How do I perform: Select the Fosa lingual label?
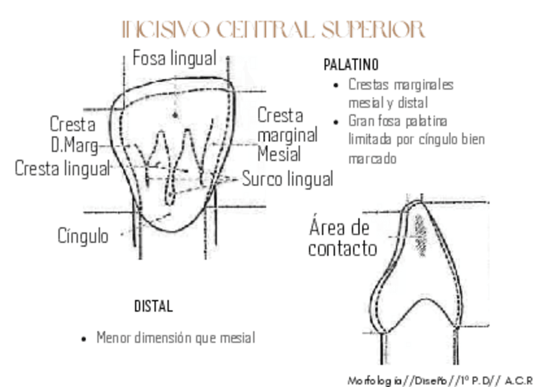(x=174, y=58)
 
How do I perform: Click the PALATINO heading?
(x=351, y=65)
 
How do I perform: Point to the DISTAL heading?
(x=153, y=306)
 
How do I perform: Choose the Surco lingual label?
(x=287, y=179)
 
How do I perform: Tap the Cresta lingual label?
(x=62, y=169)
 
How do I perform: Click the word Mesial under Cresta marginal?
(x=279, y=154)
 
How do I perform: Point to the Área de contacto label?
(x=342, y=237)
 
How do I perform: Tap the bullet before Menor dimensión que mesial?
(x=83, y=338)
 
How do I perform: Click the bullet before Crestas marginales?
(x=336, y=85)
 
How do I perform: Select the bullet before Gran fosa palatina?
(x=336, y=121)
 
